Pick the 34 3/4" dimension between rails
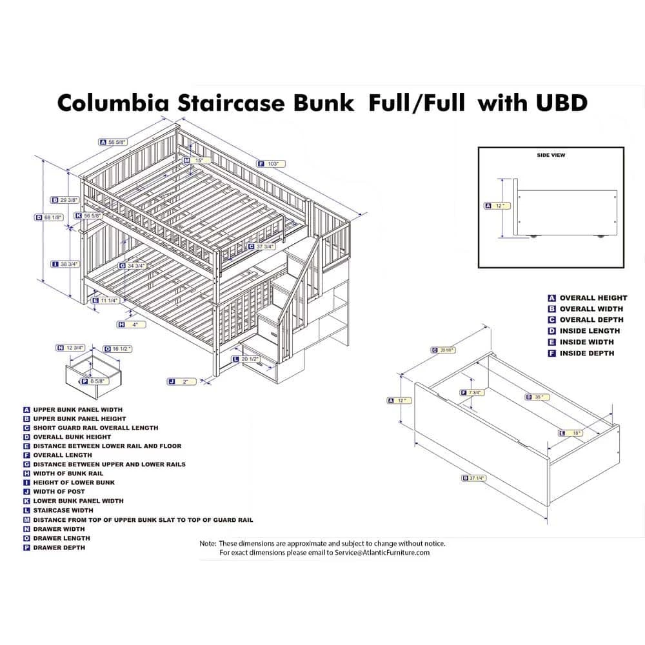tap(137, 265)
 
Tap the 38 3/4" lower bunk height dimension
tap(70, 264)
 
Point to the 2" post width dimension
tap(185, 382)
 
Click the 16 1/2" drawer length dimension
tap(121, 348)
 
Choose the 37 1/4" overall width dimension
tap(478, 478)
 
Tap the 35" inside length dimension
tap(537, 397)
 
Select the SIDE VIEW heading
tap(550, 155)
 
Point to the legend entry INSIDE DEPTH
tap(587, 353)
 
